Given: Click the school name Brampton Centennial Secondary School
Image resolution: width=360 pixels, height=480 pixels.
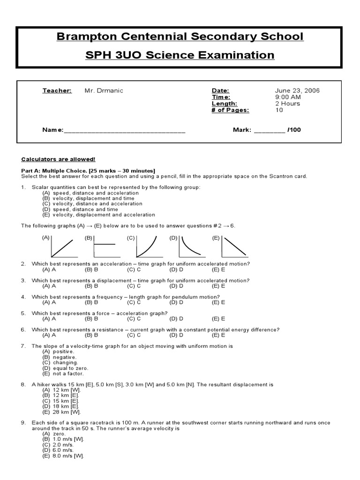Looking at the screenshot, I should click(x=180, y=37).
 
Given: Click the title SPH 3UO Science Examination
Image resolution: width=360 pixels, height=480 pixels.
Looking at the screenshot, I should click(x=180, y=55).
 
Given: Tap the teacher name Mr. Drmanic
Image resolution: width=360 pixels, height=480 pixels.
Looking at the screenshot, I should click(x=104, y=90).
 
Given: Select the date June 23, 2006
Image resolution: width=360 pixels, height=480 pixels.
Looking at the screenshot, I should click(x=297, y=90).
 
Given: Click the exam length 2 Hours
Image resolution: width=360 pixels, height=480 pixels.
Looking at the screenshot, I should click(x=287, y=104).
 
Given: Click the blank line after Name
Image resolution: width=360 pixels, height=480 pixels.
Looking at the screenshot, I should click(x=124, y=130).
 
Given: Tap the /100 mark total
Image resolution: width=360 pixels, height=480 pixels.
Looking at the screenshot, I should click(x=294, y=130).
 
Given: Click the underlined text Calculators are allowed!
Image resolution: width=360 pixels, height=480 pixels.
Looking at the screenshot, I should click(x=58, y=159).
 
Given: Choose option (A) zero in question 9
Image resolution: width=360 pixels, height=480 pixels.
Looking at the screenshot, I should click(x=53, y=434).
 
